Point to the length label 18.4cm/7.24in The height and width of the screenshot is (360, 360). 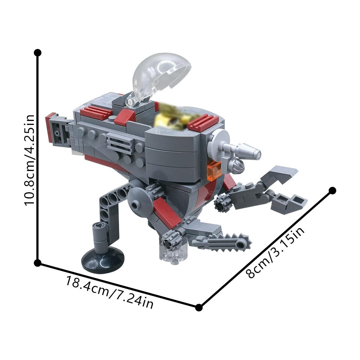click(110, 291)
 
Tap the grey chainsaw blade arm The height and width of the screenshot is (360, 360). click(227, 241)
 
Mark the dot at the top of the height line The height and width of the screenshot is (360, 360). click(37, 53)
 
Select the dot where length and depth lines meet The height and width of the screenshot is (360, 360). click(199, 307)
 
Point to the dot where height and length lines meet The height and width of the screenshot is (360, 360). click(37, 263)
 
